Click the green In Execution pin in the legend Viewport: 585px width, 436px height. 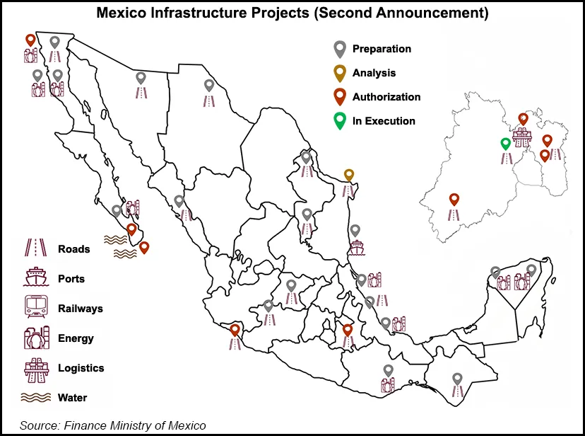coord(340,120)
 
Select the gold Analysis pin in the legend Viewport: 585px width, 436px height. coord(340,72)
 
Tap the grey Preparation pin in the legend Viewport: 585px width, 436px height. coord(340,49)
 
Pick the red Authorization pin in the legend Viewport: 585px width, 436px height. coord(340,96)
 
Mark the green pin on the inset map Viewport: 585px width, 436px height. coord(505,144)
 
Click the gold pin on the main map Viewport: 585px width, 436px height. coord(348,175)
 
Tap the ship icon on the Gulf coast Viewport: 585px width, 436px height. coord(355,248)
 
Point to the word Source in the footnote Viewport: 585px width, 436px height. coord(39,425)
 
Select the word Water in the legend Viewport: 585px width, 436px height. coord(72,398)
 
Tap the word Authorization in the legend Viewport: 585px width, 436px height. coord(386,97)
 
